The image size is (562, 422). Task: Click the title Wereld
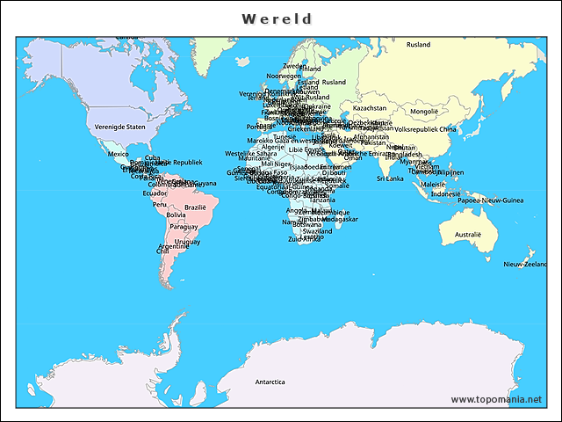pos(277,18)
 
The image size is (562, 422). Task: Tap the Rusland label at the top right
pos(418,45)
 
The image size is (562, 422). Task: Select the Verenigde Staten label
pos(119,127)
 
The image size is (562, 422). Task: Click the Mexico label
pos(118,154)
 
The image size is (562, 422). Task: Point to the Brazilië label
pos(194,207)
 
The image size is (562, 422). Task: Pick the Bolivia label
pos(176,215)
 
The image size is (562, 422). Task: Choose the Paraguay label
pos(184,227)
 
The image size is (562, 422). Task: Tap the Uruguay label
pos(187,241)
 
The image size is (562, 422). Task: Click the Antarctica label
pos(270,382)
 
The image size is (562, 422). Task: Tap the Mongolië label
pos(424,112)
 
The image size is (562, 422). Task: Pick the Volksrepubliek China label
pos(426,129)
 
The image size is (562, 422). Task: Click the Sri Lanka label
pos(390,178)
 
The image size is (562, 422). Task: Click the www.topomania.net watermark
pos(496,399)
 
